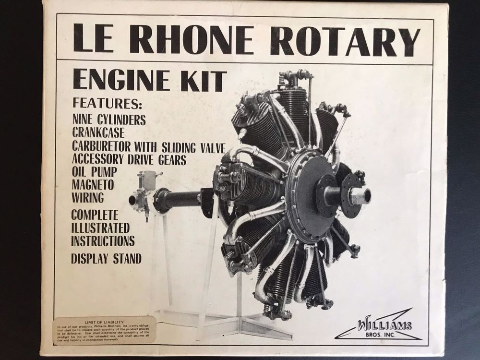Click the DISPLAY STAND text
[106, 259]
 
